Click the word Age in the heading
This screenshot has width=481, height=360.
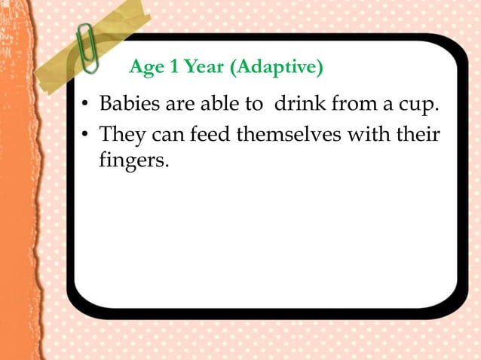click(145, 69)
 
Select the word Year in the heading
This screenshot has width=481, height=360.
click(201, 69)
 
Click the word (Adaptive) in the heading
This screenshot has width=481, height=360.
click(277, 69)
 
